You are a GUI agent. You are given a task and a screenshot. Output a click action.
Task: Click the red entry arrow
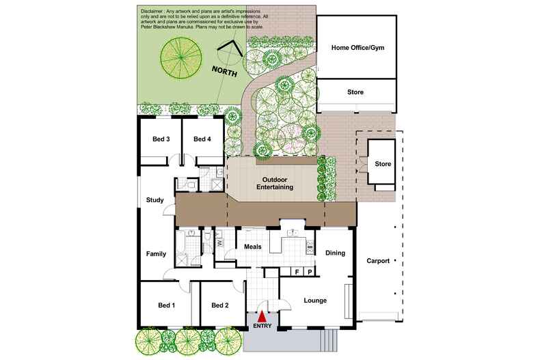point(262,316)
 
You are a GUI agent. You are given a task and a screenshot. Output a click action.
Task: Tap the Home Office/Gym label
point(357,48)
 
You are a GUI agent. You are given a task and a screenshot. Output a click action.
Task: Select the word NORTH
point(224,71)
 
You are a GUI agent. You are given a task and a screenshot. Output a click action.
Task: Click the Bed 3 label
point(161,139)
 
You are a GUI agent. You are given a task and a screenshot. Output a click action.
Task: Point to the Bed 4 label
point(202,139)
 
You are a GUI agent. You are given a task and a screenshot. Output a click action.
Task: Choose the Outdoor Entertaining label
point(275,183)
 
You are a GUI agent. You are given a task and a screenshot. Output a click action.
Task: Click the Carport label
point(378,261)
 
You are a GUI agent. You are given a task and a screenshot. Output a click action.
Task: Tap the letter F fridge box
point(297,272)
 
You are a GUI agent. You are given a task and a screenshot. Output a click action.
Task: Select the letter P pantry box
point(310,272)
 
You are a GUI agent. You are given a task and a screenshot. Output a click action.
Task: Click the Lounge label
point(315,301)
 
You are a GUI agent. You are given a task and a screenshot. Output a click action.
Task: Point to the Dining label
point(335,253)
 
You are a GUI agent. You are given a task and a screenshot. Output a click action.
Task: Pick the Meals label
point(253,247)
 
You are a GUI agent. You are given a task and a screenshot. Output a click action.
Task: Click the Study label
point(154,200)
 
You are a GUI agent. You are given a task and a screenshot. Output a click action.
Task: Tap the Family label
point(156,254)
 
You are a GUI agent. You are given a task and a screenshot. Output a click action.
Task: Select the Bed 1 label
point(166,305)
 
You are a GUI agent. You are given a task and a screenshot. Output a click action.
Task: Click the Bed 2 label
point(219,305)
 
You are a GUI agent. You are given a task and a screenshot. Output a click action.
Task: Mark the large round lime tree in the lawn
point(181,57)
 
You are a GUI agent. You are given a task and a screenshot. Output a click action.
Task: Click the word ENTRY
point(262,326)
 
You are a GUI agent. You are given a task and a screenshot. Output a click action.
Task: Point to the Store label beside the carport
point(383,164)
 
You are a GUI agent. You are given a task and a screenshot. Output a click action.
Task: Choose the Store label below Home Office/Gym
point(355,92)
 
